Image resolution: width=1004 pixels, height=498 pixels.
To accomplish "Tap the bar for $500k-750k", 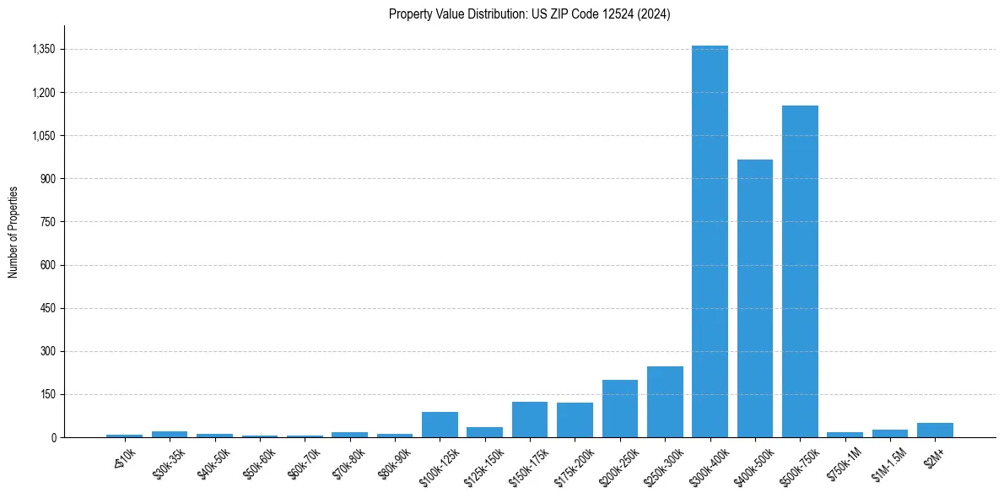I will (x=800, y=271).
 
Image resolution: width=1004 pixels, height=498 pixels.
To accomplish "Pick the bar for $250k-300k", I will (x=665, y=402).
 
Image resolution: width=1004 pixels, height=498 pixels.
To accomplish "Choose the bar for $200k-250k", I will (x=620, y=409).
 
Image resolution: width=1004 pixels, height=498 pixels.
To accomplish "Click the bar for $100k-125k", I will (x=440, y=425).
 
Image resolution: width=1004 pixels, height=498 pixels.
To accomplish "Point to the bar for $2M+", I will (x=935, y=430).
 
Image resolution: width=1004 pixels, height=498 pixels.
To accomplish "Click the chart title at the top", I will (x=529, y=14).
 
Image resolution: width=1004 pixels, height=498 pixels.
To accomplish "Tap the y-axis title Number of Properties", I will (x=13, y=232).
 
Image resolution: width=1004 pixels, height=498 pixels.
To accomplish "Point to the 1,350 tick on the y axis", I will (x=43, y=49).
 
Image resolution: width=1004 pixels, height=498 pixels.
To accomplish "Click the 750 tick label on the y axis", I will (x=47, y=222).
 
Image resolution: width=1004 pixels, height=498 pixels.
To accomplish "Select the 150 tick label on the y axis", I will (x=47, y=394).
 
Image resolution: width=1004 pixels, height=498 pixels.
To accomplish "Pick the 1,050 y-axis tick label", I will (x=43, y=135).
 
